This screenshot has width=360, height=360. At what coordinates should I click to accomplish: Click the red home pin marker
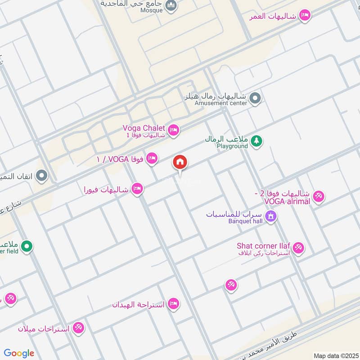(x=180, y=162)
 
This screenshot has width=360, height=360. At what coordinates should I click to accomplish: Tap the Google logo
(x=19, y=353)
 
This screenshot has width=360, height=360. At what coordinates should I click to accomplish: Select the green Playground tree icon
(x=257, y=141)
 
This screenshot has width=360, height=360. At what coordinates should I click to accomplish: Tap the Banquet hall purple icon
(x=271, y=216)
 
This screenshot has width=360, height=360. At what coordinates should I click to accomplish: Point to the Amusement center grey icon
(x=255, y=98)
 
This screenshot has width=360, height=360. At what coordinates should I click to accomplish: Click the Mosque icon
(x=171, y=6)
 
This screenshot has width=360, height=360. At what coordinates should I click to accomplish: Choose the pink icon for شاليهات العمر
(x=306, y=15)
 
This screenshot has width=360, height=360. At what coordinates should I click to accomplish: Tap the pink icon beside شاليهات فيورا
(x=138, y=189)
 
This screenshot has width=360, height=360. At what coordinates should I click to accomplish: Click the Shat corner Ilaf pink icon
(x=298, y=247)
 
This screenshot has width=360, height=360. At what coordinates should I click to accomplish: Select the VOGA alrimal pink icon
(x=319, y=197)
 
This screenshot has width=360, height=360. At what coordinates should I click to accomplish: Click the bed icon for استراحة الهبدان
(x=173, y=304)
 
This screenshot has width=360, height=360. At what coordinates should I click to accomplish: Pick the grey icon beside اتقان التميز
(x=42, y=175)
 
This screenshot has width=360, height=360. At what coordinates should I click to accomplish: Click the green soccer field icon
(x=27, y=246)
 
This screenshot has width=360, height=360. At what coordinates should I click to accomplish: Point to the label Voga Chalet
(x=144, y=128)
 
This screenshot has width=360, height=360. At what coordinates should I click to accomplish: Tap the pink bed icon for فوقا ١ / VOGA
(x=153, y=158)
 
